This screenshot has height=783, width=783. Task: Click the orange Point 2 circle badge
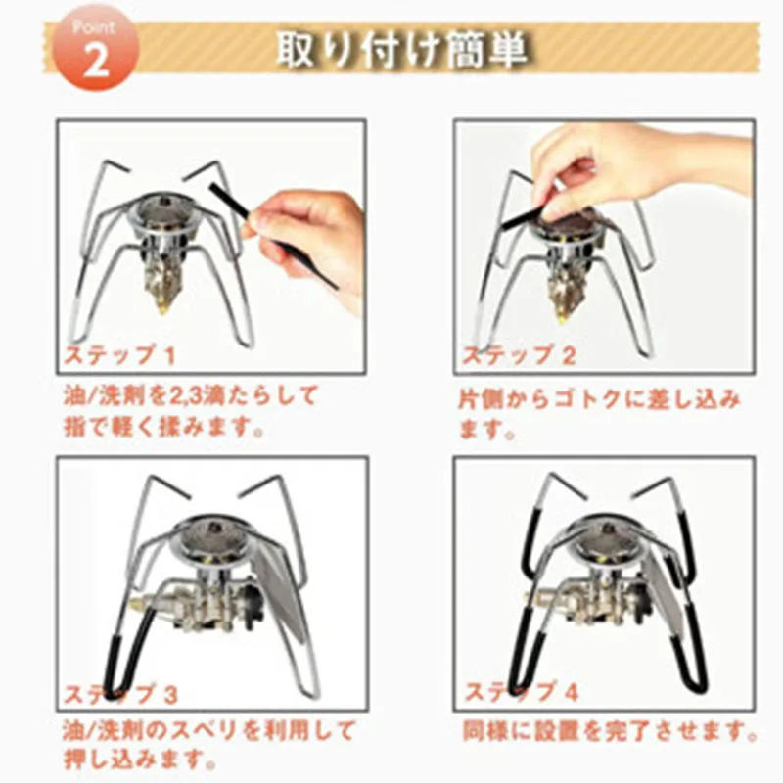95,48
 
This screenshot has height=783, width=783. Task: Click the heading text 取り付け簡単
402,49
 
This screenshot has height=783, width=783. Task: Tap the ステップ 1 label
119,355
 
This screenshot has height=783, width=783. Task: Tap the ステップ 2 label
519,355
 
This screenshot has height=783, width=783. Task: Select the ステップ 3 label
120,693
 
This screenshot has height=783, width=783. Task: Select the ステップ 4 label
522,692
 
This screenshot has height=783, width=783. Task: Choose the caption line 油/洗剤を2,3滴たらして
190,396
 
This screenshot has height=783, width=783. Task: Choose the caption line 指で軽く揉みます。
163,428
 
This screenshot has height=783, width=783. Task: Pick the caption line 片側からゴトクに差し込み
599,399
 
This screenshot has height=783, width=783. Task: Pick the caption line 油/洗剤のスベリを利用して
208,731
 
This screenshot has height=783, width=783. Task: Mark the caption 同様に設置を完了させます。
610,731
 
